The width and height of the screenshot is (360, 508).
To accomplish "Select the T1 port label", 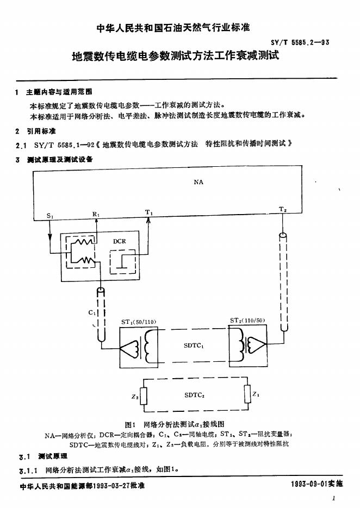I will (x=148, y=212).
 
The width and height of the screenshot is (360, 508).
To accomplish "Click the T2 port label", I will (x=283, y=210).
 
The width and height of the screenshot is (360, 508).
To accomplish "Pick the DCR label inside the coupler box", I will (x=120, y=241).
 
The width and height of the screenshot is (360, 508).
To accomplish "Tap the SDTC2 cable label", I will (x=194, y=395).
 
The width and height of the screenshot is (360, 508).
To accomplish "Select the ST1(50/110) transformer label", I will (x=139, y=322).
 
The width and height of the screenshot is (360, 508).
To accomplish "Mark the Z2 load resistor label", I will (x=135, y=397).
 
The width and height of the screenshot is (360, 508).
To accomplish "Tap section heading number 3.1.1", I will (x=28, y=471).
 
